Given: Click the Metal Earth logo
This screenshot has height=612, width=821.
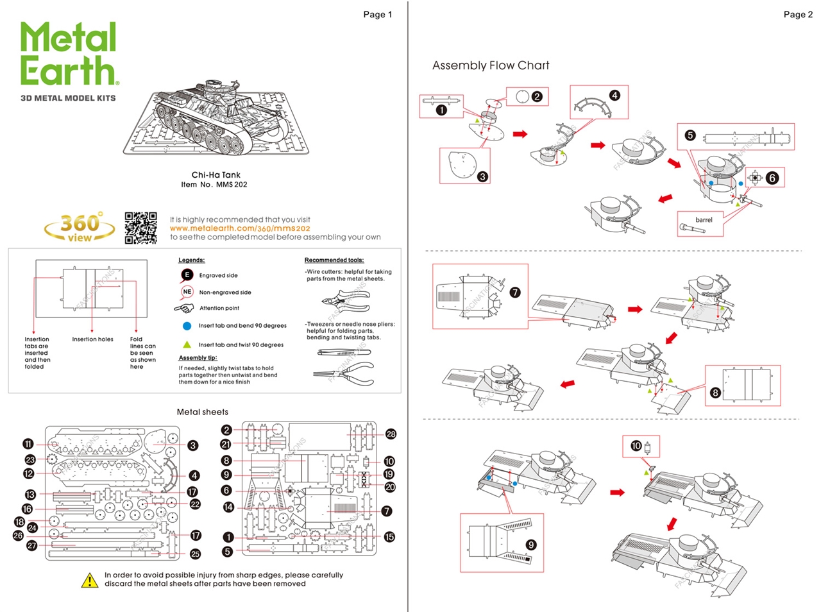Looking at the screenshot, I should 69,54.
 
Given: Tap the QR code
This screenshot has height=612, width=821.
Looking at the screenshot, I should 140,228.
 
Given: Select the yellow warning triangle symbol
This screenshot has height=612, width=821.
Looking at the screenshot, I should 89,581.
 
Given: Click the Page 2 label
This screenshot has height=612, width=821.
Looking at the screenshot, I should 797,15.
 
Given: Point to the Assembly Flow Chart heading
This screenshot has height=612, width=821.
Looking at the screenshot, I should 491,65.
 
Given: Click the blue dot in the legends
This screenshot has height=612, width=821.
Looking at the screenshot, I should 187,326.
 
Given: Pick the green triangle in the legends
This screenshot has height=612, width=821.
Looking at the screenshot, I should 187,344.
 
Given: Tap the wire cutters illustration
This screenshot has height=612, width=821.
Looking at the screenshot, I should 344,300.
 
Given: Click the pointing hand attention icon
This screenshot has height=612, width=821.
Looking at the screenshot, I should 184,309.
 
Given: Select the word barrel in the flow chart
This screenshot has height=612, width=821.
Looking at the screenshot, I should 704,220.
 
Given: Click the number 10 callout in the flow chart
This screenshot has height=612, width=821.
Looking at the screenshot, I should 636,446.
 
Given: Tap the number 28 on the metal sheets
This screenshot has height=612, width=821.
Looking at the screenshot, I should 391,434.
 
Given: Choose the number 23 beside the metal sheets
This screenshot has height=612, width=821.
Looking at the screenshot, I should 30,459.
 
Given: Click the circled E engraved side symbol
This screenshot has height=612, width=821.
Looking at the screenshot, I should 187,275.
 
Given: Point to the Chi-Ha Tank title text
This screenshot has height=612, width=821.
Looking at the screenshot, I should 216,175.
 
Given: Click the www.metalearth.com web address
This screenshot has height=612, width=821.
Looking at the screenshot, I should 240,228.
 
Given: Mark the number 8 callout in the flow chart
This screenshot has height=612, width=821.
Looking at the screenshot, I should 715,393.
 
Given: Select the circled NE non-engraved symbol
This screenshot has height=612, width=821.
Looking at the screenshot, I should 187,292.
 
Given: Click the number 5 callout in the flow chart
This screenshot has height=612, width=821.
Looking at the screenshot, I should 690,135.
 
